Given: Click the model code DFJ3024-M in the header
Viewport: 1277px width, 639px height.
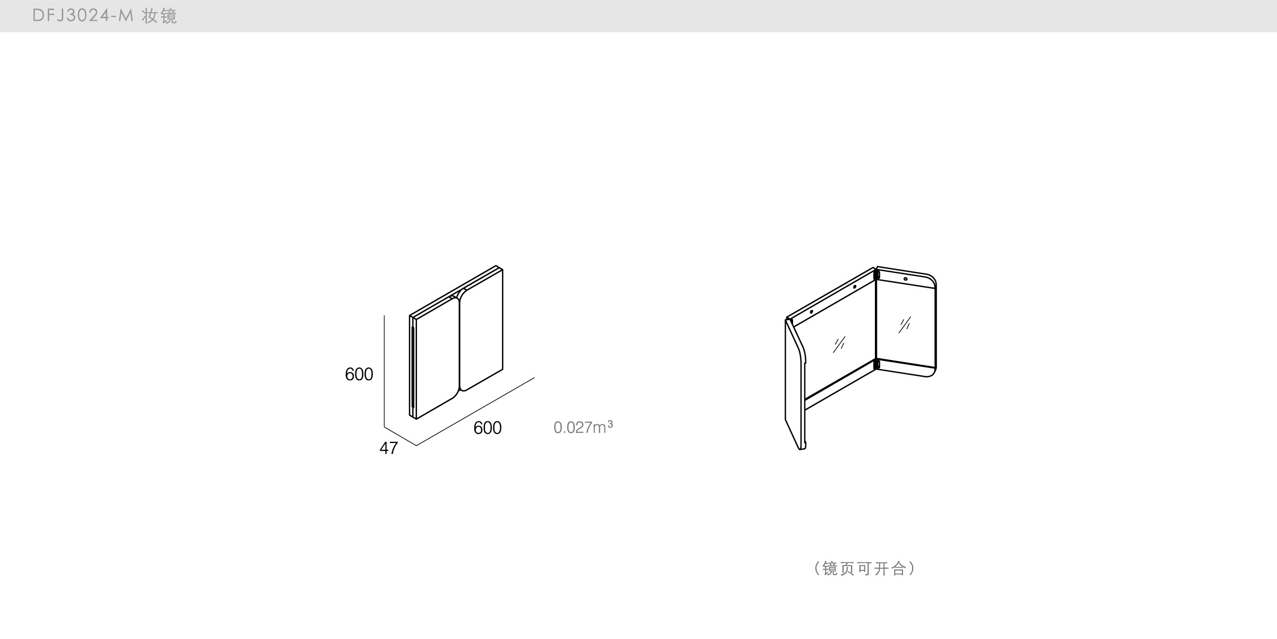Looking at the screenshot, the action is pyautogui.click(x=83, y=16).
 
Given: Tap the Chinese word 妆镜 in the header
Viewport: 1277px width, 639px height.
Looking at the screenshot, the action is pyautogui.click(x=159, y=16).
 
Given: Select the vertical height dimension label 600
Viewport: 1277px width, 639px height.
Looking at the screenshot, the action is pyautogui.click(x=359, y=374).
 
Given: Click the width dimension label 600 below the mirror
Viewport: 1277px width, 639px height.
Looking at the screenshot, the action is pyautogui.click(x=487, y=428).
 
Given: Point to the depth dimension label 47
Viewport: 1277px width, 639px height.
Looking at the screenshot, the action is pyautogui.click(x=388, y=448).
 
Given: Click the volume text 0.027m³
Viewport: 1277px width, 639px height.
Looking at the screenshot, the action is pyautogui.click(x=583, y=427).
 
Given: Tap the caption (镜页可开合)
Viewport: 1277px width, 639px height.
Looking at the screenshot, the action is pyautogui.click(x=864, y=568).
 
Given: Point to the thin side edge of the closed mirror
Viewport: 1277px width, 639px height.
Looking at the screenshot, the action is pyautogui.click(x=413, y=367).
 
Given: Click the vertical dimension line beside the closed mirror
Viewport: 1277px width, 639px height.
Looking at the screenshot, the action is pyautogui.click(x=384, y=372).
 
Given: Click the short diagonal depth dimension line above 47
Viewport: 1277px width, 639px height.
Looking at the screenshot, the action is pyautogui.click(x=400, y=436).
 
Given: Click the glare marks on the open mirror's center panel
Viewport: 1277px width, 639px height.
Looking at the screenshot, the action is pyautogui.click(x=839, y=344).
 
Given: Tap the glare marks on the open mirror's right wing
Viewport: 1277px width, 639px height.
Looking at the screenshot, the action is pyautogui.click(x=904, y=324).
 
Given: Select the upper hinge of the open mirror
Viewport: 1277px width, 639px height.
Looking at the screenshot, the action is pyautogui.click(x=877, y=275).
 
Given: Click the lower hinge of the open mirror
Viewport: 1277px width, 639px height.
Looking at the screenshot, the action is pyautogui.click(x=877, y=365).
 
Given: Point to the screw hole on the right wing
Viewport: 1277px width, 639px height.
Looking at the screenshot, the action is pyautogui.click(x=906, y=279).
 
